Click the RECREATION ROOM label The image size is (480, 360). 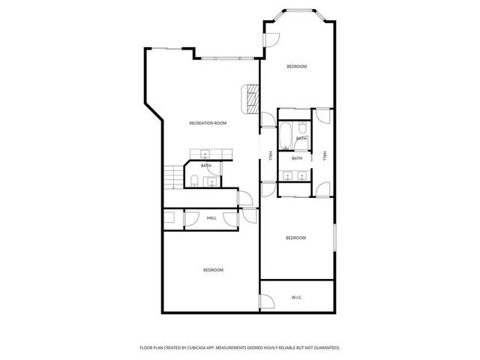click(x=208, y=123)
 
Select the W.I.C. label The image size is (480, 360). click(x=296, y=298)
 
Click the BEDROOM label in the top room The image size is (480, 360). click(x=296, y=67)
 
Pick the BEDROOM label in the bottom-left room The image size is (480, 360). click(x=213, y=270)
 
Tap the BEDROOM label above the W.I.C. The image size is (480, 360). click(x=295, y=238)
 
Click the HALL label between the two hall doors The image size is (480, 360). click(x=211, y=218)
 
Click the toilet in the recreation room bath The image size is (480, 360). click(x=193, y=179)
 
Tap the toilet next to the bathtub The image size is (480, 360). click(x=301, y=127)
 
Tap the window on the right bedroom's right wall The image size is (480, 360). click(x=334, y=239)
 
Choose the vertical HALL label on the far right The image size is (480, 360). click(x=325, y=156)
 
